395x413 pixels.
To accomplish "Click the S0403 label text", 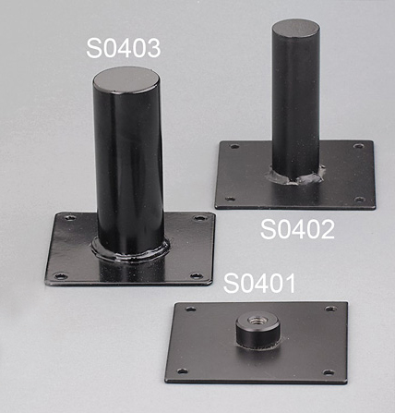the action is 124,48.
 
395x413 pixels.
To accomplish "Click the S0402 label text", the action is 297,229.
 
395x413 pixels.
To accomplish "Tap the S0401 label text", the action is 259,283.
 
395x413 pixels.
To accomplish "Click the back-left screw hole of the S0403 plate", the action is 71,218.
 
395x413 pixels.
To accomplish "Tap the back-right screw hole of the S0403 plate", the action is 199,218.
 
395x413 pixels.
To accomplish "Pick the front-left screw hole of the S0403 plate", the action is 61,276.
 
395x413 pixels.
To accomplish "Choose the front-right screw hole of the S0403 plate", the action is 197,275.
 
